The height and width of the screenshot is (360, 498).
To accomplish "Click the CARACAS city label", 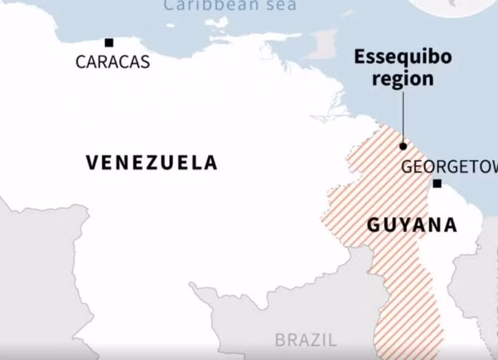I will coord(113,62).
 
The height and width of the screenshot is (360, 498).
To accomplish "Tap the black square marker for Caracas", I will coord(109,42).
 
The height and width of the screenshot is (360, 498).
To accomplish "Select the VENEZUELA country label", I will coord(151,163).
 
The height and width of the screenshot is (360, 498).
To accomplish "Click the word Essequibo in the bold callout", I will coord(402,57).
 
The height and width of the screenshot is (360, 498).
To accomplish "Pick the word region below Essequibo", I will coord(402,79).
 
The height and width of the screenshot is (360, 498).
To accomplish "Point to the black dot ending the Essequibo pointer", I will coord(403,146).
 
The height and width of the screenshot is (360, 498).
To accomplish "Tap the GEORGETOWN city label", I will coord(449,167).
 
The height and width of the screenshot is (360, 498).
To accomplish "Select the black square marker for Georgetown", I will coord(437,183).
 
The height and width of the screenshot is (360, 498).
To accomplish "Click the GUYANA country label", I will coord(411,225).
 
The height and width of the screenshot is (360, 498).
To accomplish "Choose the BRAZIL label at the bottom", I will coord(306,340).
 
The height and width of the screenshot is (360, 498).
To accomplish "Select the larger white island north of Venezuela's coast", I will coord(217,23).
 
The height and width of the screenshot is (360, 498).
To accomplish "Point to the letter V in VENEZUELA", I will coord(92,163).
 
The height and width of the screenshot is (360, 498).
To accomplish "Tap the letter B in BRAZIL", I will coord(281,340).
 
